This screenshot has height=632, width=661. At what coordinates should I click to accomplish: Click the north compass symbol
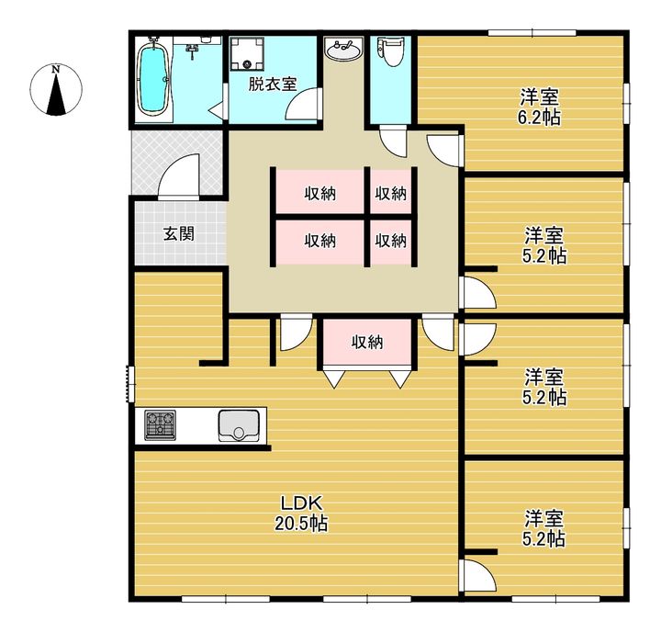click(x=56, y=90)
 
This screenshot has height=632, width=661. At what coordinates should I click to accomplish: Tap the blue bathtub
click(x=152, y=79)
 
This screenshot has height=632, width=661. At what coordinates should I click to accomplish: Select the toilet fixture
click(x=388, y=51)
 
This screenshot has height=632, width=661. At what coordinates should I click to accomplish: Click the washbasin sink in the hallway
click(x=344, y=49)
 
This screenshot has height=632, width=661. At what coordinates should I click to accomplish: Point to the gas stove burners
click(x=160, y=424)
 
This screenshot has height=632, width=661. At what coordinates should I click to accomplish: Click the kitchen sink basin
click(x=238, y=425)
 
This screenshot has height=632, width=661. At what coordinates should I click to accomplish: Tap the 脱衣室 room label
click(x=273, y=84)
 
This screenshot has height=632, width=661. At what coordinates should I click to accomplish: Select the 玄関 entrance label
click(x=179, y=233)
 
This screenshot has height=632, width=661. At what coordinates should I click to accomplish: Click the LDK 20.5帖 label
click(x=301, y=513)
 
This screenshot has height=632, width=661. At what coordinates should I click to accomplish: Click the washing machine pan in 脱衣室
click(x=248, y=53)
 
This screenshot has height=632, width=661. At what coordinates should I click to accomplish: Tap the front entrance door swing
click(x=179, y=176)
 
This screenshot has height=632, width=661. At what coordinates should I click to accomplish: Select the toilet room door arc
click(x=393, y=141)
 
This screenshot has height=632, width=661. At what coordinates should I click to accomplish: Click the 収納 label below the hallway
click(x=367, y=342)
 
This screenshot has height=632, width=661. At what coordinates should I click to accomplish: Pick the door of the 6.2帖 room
click(x=443, y=151)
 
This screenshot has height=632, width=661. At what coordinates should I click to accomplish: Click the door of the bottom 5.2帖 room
click(x=477, y=575)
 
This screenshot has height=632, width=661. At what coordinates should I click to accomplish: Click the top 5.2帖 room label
click(x=544, y=245)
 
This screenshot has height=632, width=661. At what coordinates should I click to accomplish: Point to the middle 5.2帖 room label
click(x=544, y=387)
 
